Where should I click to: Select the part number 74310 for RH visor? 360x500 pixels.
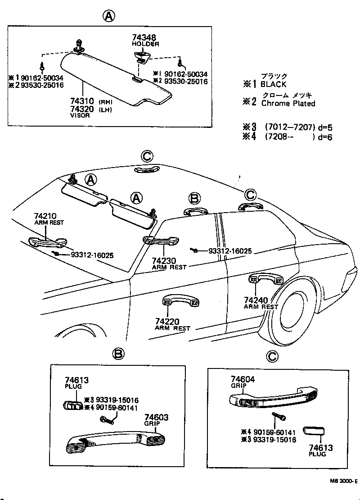tap(81, 102)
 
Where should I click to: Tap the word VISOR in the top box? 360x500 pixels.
tap(80, 115)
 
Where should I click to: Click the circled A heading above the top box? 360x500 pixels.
tap(109, 17)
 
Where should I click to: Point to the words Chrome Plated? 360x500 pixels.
tap(288, 104)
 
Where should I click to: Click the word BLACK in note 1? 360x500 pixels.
tap(273, 84)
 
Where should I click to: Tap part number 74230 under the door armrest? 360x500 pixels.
tap(163, 261)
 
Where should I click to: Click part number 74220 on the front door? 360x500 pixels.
tap(167, 322)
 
